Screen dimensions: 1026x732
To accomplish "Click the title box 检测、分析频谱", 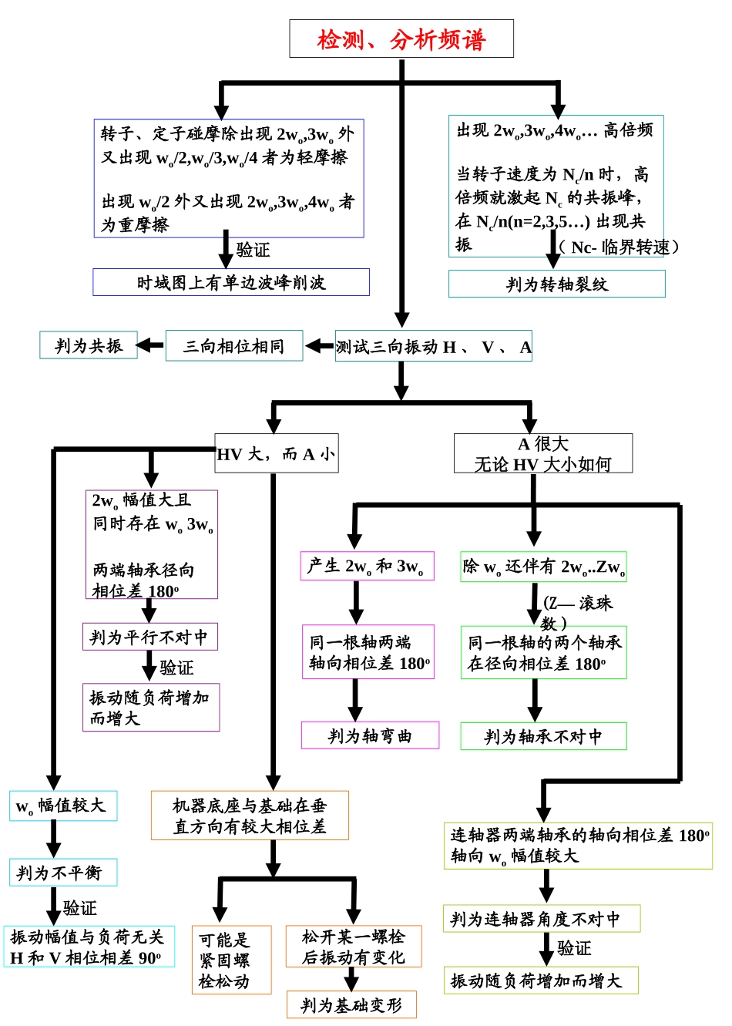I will pyautogui.click(x=401, y=39).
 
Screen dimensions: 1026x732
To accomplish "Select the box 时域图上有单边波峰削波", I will pyautogui.click(x=231, y=282).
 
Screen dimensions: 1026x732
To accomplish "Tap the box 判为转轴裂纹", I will pyautogui.click(x=556, y=284).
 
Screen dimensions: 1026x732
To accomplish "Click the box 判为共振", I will pyautogui.click(x=88, y=345).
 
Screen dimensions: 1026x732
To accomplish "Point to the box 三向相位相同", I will pyautogui.click(x=234, y=347).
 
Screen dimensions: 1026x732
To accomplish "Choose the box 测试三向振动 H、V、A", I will pyautogui.click(x=434, y=347).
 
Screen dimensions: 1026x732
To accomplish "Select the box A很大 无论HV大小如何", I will pyautogui.click(x=542, y=453).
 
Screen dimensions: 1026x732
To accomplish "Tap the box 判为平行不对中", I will pyautogui.click(x=149, y=637).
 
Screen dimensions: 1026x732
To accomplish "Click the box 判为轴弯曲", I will pyautogui.click(x=370, y=735).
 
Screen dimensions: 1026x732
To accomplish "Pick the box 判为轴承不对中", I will pyautogui.click(x=543, y=736).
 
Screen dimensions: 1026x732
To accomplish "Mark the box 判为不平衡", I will pyautogui.click(x=63, y=873).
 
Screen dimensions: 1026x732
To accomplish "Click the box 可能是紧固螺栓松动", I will pyautogui.click(x=231, y=960).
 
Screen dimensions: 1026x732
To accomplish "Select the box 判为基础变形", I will pyautogui.click(x=351, y=1005).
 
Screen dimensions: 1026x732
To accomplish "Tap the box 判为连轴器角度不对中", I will pyautogui.click(x=542, y=919).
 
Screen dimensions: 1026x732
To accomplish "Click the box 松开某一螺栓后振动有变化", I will pyautogui.click(x=354, y=947).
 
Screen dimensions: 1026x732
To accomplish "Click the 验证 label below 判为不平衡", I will pyautogui.click(x=80, y=908).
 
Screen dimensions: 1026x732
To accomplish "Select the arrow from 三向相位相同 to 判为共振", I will pyautogui.click(x=151, y=345).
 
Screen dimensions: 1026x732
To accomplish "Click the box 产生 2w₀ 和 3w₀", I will pyautogui.click(x=367, y=566).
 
